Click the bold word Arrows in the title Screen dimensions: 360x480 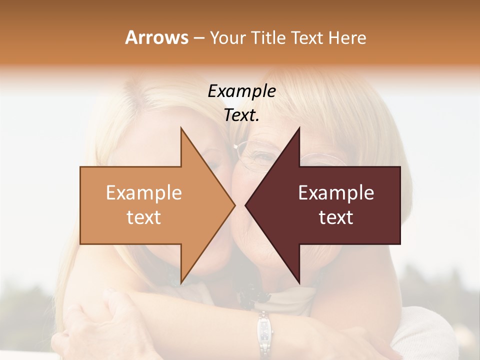[x=156, y=37]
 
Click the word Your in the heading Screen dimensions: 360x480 [x=226, y=37]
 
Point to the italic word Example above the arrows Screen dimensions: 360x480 [x=241, y=91]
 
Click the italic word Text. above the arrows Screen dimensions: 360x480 [x=241, y=115]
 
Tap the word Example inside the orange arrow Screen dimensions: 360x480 [x=143, y=193]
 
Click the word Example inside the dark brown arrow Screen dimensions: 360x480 [x=336, y=193]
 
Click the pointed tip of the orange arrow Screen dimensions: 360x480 [x=234, y=205]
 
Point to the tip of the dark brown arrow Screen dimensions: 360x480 [x=246, y=205]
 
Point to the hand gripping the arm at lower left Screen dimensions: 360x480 [x=107, y=320]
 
